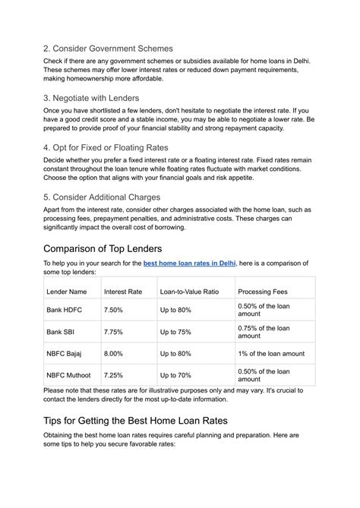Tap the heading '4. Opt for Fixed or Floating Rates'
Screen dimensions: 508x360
click(106, 147)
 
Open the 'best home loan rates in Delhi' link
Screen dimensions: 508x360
click(190, 263)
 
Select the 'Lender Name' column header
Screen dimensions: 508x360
click(68, 292)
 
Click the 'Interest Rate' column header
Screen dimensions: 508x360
click(123, 292)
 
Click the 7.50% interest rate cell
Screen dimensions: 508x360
click(113, 310)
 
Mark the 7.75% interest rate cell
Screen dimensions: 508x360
click(113, 331)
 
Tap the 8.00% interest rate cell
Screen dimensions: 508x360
click(113, 353)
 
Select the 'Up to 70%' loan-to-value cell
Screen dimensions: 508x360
click(175, 374)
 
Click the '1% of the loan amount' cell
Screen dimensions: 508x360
click(271, 353)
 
